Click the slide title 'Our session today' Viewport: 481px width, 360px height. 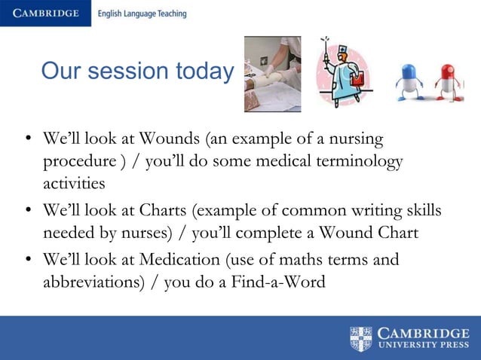pyautogui.click(x=137, y=72)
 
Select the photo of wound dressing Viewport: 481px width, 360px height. pyautogui.click(x=272, y=74)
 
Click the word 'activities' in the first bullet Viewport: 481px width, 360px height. pyautogui.click(x=74, y=184)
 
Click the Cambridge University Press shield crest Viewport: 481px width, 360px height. pyautogui.click(x=361, y=338)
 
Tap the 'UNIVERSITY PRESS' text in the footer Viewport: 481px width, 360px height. pyautogui.click(x=423, y=346)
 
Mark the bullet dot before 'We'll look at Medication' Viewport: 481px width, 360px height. pyautogui.click(x=29, y=261)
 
